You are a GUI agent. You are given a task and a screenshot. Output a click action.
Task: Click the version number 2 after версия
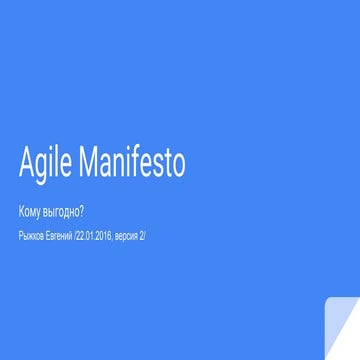pyautogui.click(x=143, y=236)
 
